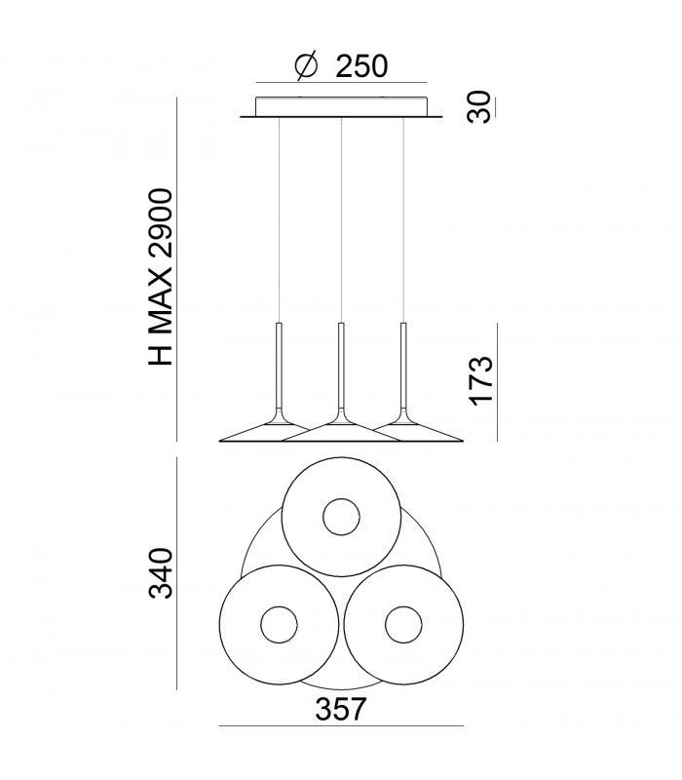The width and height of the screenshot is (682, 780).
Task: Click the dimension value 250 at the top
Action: tap(361, 65)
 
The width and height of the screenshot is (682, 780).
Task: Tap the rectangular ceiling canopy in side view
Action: tap(341, 106)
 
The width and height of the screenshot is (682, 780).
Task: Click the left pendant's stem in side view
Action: tap(279, 366)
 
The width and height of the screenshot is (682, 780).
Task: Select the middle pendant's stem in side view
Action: tap(341, 366)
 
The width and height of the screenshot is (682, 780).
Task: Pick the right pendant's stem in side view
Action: tap(402, 366)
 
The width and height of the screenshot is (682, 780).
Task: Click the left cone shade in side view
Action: tap(255, 433)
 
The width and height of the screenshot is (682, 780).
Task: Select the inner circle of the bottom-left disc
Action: tap(279, 624)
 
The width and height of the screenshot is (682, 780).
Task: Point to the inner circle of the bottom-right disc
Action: tap(402, 624)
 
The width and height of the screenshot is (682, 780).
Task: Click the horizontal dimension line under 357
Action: tap(341, 726)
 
